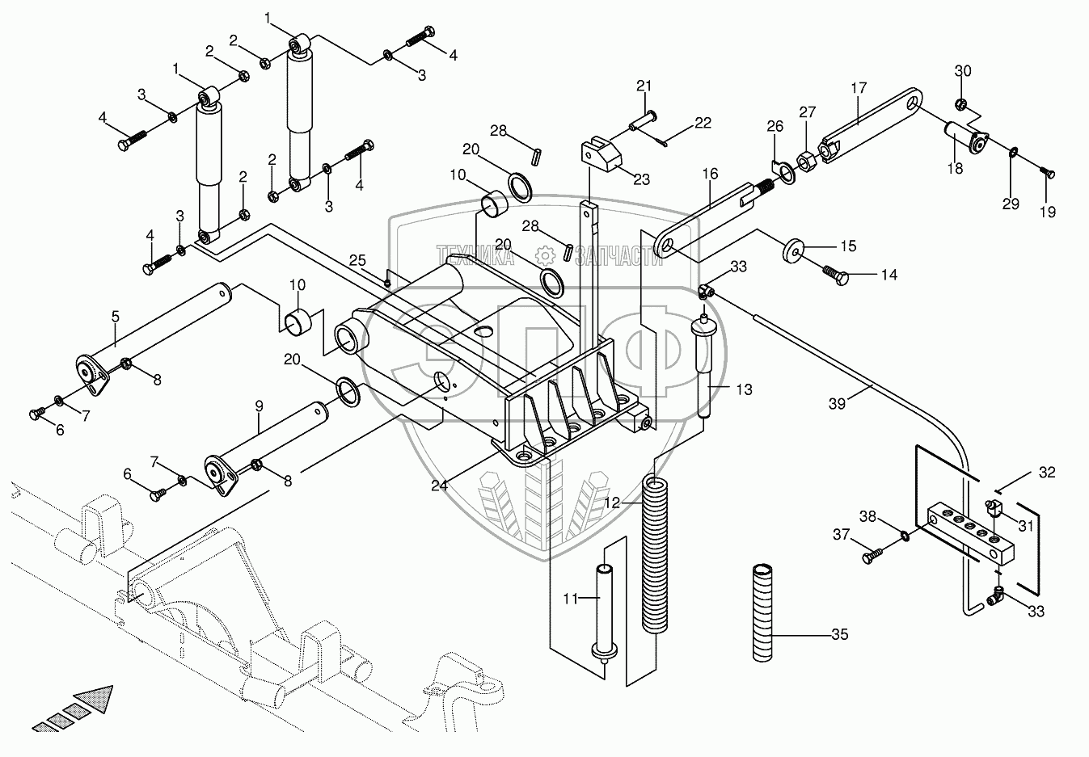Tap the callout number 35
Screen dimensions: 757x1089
[x=840, y=635]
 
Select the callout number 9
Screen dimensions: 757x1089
[x=260, y=406]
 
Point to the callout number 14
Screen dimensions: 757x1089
[x=889, y=275]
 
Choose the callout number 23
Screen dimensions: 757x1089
[x=641, y=179]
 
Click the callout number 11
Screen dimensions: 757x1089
[x=571, y=599]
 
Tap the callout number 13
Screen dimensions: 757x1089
[x=744, y=389]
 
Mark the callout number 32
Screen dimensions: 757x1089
[x=1047, y=473]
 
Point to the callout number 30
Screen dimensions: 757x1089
[x=962, y=71]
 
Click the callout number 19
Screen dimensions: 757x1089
[x=1048, y=212]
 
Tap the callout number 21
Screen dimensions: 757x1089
[x=644, y=86]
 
